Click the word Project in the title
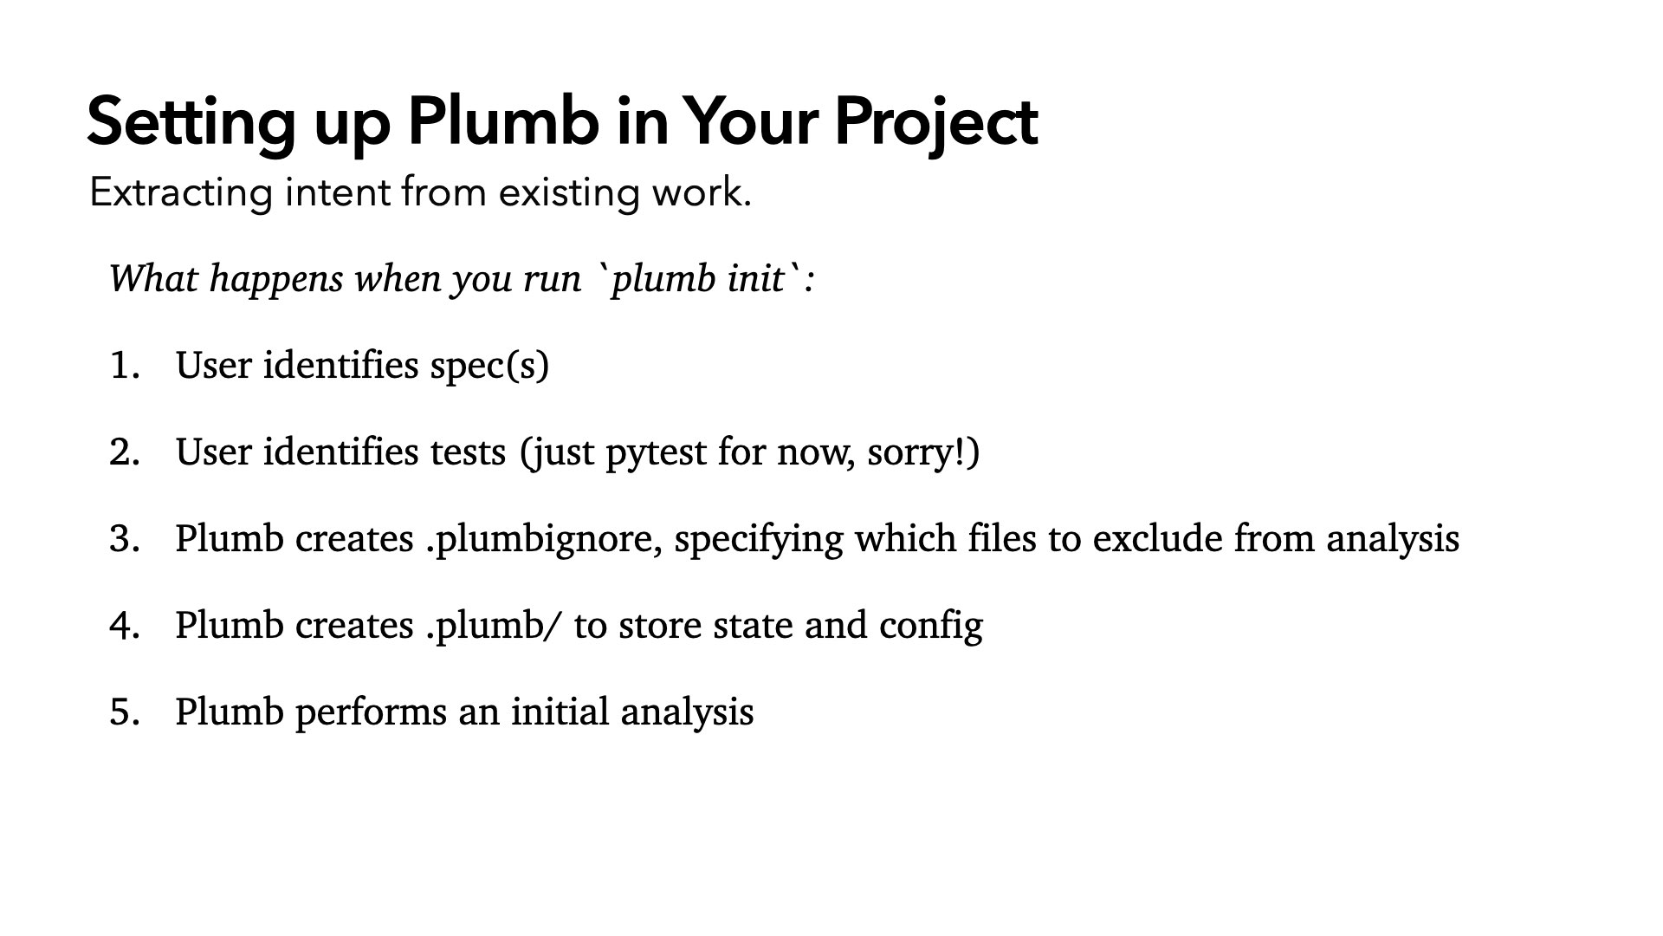[935, 122]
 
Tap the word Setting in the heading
[191, 122]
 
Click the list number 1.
[125, 365]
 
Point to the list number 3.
[125, 538]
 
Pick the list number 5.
[125, 712]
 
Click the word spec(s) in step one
[489, 365]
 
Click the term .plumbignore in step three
[544, 539]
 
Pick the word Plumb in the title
[503, 122]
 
